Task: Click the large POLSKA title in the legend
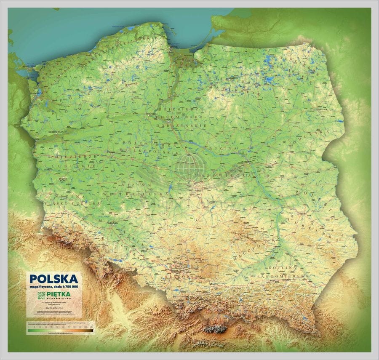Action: coord(53,279)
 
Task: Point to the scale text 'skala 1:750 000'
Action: coord(67,287)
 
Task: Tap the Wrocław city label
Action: coord(112,222)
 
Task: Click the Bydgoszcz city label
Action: coord(151,113)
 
